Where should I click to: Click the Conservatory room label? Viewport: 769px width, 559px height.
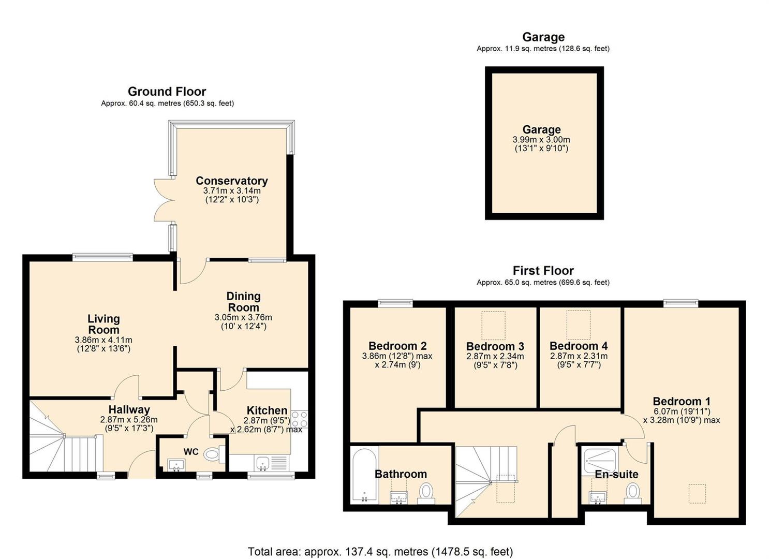coord(232,181)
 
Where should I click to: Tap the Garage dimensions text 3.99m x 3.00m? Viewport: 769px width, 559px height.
coord(541,140)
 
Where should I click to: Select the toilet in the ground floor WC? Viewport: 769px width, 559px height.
coord(214,454)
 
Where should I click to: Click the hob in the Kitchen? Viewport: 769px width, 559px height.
coord(299,419)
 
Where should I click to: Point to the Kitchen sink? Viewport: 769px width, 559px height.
coord(262,463)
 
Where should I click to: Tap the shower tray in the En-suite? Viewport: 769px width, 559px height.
coord(601,462)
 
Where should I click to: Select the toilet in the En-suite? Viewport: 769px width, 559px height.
coord(633,493)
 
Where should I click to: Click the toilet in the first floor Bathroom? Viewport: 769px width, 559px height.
coord(426,493)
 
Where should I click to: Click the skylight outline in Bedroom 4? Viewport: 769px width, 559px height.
coord(579,325)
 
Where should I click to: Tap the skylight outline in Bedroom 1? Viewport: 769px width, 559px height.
coord(697,493)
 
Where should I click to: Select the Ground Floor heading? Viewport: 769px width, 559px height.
coord(167,91)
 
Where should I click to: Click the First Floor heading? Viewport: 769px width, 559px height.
coord(543,271)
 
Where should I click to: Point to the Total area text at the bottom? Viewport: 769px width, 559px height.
coord(380,542)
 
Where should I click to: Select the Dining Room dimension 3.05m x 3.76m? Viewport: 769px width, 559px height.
coord(243,317)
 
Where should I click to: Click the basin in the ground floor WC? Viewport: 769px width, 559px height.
coord(176,465)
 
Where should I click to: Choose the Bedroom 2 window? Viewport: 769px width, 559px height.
coord(395,302)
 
